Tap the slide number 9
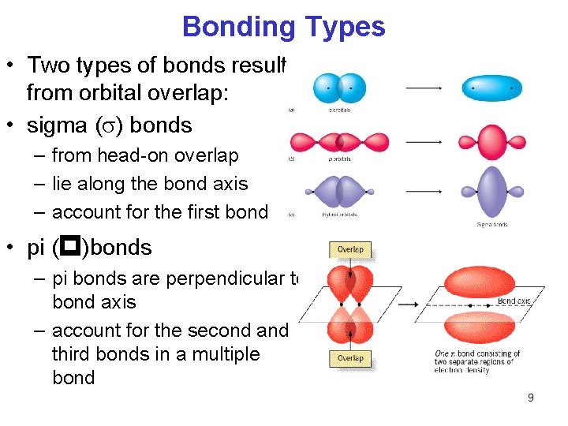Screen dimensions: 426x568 [530, 398]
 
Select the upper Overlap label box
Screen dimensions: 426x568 [349, 249]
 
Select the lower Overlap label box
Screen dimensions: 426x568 [349, 358]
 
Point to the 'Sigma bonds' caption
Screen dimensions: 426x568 [492, 224]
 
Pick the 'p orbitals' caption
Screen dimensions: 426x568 [340, 160]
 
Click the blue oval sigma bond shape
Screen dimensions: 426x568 [491, 88]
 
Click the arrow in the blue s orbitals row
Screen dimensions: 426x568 [423, 88]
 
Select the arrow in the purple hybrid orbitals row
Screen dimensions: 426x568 [423, 192]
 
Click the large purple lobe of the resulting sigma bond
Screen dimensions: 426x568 [491, 192]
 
